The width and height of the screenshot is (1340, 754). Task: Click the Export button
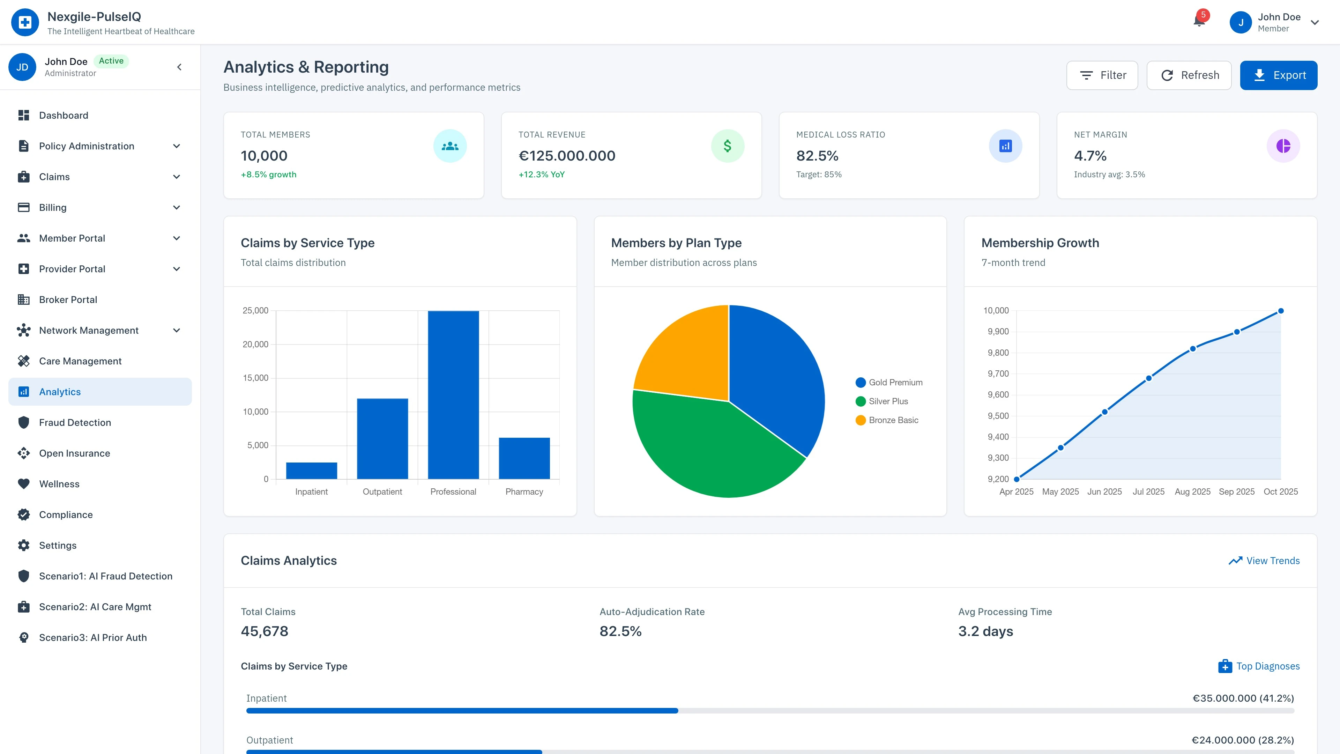pos(1278,75)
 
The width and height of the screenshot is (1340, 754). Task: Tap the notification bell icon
pos(1199,21)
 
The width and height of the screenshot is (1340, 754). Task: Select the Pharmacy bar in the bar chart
pos(524,458)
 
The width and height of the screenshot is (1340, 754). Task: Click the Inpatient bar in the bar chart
pos(311,471)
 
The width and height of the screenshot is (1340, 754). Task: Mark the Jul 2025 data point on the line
pos(1148,378)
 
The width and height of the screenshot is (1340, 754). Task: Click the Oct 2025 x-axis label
pos(1280,492)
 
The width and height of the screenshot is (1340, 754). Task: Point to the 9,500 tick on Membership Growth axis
pos(998,416)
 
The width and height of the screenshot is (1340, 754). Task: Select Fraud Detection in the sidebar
pos(75,422)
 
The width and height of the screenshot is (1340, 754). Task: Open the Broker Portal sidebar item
pos(68,300)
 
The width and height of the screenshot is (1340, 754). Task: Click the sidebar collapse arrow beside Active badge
pos(179,67)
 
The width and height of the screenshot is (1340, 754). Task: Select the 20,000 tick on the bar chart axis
pos(255,345)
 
